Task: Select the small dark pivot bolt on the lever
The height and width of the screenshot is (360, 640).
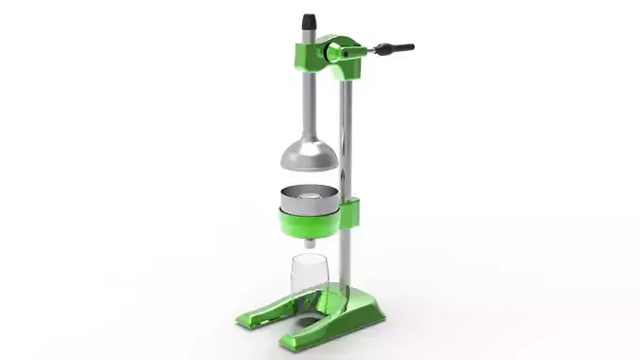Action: pyautogui.click(x=347, y=56)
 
